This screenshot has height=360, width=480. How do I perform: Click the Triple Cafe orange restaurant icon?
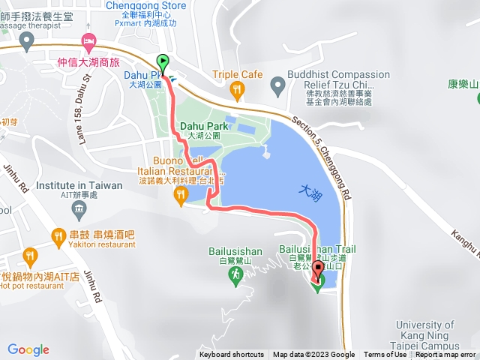[238, 91]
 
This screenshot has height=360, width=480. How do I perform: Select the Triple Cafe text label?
[237, 74]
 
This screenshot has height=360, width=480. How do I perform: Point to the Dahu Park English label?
[202, 126]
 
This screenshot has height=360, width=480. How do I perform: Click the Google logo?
[28, 349]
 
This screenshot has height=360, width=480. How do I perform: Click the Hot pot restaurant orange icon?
[29, 257]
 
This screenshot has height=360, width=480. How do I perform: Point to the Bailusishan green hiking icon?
[235, 277]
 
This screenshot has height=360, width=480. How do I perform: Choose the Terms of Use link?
[385, 355]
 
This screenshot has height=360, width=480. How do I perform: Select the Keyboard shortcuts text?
[232, 355]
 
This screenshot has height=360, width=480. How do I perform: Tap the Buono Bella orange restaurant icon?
[180, 196]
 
